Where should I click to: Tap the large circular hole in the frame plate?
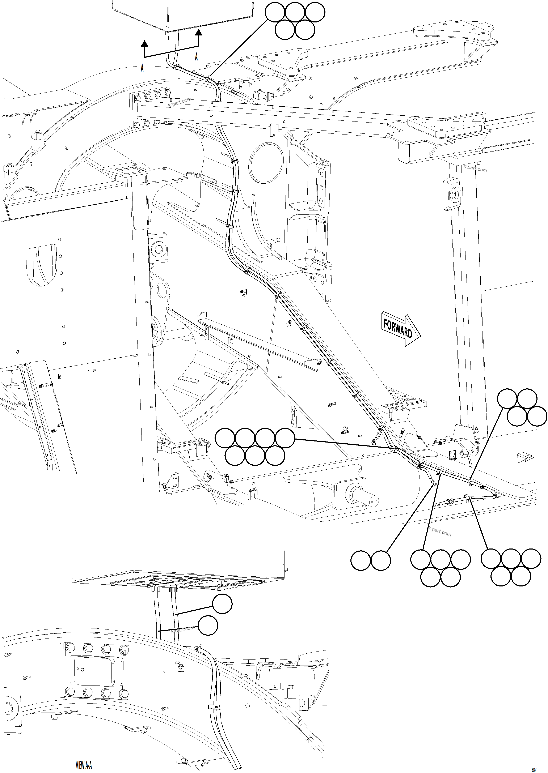(x=266, y=163)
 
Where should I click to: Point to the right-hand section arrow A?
(x=199, y=37)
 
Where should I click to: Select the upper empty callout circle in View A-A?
(x=222, y=604)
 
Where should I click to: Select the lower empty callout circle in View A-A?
(x=208, y=626)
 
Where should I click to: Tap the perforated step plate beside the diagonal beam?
(x=403, y=404)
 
